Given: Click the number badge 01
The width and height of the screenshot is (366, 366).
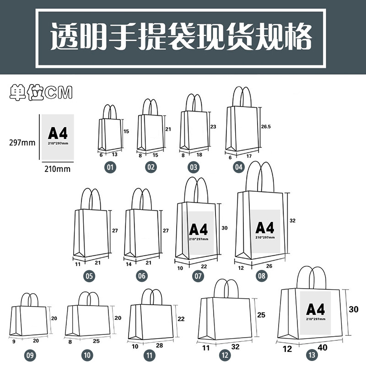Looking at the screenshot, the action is (110, 167).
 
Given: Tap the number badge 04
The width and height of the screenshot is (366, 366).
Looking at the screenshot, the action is (238, 167).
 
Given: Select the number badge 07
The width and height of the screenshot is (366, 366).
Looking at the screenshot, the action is (198, 276).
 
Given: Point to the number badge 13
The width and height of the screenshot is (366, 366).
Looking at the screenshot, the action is (312, 355).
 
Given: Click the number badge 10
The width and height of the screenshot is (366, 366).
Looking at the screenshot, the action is (87, 355).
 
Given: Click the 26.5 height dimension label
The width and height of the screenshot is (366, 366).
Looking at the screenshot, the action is (266, 127).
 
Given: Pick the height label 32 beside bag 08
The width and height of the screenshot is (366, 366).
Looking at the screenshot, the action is (292, 221).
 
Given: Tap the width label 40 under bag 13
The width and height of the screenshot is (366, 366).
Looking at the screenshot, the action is (323, 348).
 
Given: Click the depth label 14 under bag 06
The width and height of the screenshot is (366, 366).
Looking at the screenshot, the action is (129, 264).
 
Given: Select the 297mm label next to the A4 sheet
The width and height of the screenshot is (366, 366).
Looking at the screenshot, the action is (22, 142).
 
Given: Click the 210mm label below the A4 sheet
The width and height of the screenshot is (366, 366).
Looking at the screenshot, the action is (58, 169).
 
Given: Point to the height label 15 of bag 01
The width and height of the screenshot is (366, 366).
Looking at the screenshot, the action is (126, 131).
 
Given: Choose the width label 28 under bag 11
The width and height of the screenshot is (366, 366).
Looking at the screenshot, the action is (159, 345).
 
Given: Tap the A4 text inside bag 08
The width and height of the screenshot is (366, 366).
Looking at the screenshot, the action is (265, 227).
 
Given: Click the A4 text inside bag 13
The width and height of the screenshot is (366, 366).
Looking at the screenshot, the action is (315, 309).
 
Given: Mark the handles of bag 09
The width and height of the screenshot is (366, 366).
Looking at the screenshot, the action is (30, 300).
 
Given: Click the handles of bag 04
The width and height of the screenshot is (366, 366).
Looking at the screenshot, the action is (242, 97).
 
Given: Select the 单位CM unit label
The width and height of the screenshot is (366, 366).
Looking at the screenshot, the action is (41, 93).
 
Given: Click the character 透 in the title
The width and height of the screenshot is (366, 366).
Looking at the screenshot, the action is (64, 36).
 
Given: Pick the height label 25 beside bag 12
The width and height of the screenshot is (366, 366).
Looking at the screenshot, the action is (261, 315).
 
